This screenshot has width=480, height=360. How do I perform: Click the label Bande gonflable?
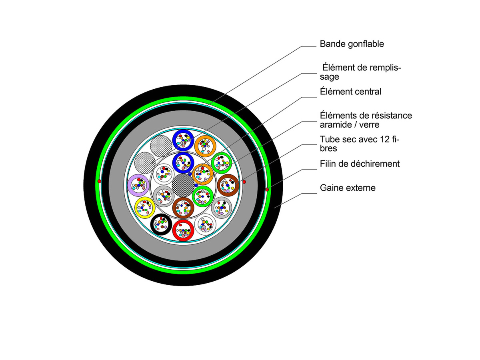point(352,44)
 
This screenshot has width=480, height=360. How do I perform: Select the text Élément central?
point(350,92)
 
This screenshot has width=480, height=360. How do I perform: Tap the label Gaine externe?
point(348,188)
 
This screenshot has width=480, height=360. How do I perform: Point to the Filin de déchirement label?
point(360,164)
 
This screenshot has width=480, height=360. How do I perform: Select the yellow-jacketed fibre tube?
point(145,206)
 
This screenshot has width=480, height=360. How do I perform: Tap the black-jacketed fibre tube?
point(161,224)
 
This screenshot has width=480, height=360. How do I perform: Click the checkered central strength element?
point(182,184)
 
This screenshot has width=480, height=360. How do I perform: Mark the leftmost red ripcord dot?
point(99,182)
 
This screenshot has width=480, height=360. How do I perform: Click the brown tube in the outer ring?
point(228,184)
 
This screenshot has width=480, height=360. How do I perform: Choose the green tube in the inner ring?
point(203,196)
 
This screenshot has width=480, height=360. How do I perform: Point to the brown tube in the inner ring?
point(183,207)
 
